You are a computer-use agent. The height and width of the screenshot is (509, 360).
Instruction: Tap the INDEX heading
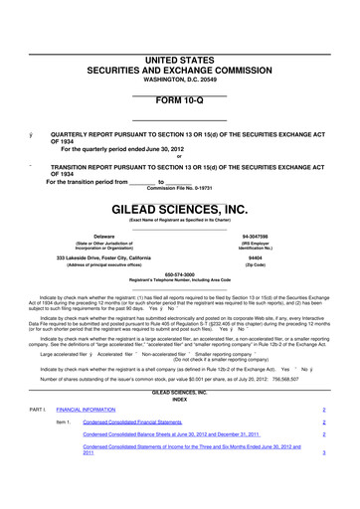tap(179, 372)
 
